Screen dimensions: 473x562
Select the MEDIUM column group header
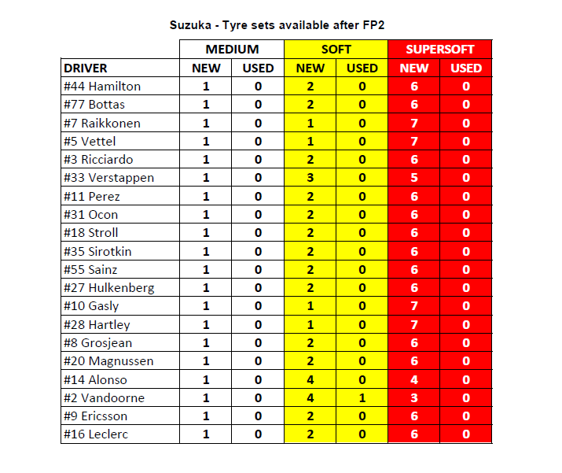coord(232,50)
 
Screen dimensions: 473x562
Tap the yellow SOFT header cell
coord(336,50)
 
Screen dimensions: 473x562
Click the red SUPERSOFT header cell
coord(439,50)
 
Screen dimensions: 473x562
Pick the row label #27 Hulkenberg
coord(109,287)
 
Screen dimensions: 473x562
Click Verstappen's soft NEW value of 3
coord(310,178)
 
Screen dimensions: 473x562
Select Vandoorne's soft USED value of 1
coord(362,397)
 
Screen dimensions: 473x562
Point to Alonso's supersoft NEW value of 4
coord(414,379)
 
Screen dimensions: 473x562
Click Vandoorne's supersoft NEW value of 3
coord(414,397)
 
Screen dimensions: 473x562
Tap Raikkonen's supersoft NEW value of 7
coord(414,123)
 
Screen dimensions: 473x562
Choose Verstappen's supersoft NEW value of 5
coord(414,178)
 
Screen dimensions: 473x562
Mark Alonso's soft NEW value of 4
coord(310,379)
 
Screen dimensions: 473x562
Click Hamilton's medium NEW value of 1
coord(206,87)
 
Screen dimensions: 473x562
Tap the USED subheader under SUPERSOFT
coord(466,68)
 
